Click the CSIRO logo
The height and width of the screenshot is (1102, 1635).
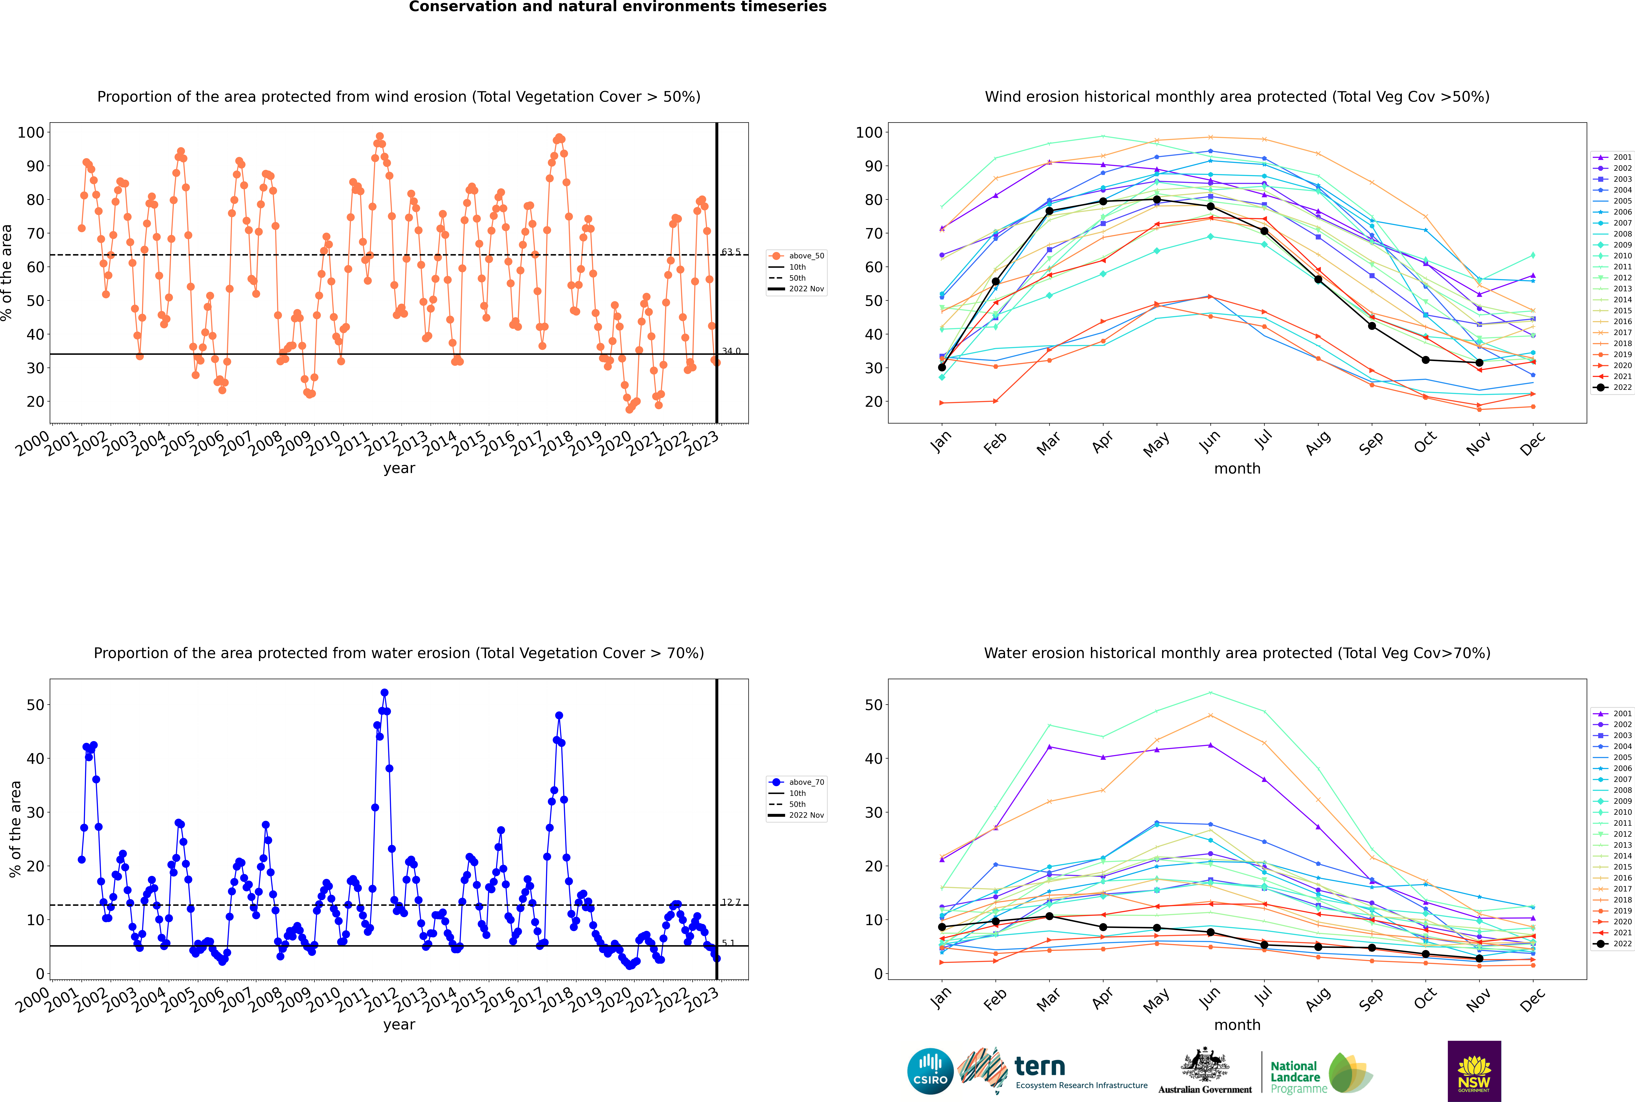(x=930, y=1071)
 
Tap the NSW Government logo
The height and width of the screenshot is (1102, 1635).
(x=1474, y=1070)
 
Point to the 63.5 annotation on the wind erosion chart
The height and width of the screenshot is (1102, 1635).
(x=731, y=252)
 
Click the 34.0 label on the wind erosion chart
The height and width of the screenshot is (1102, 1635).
(x=731, y=351)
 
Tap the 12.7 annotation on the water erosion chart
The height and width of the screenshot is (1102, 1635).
(x=731, y=902)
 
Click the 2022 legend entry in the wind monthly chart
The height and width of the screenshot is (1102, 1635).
(x=1612, y=387)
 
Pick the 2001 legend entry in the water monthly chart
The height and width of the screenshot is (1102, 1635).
(x=1612, y=713)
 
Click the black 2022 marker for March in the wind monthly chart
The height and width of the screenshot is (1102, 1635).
(x=1049, y=211)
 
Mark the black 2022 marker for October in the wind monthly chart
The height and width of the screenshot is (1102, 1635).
(x=1426, y=360)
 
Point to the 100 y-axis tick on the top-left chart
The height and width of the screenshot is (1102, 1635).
(x=31, y=132)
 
